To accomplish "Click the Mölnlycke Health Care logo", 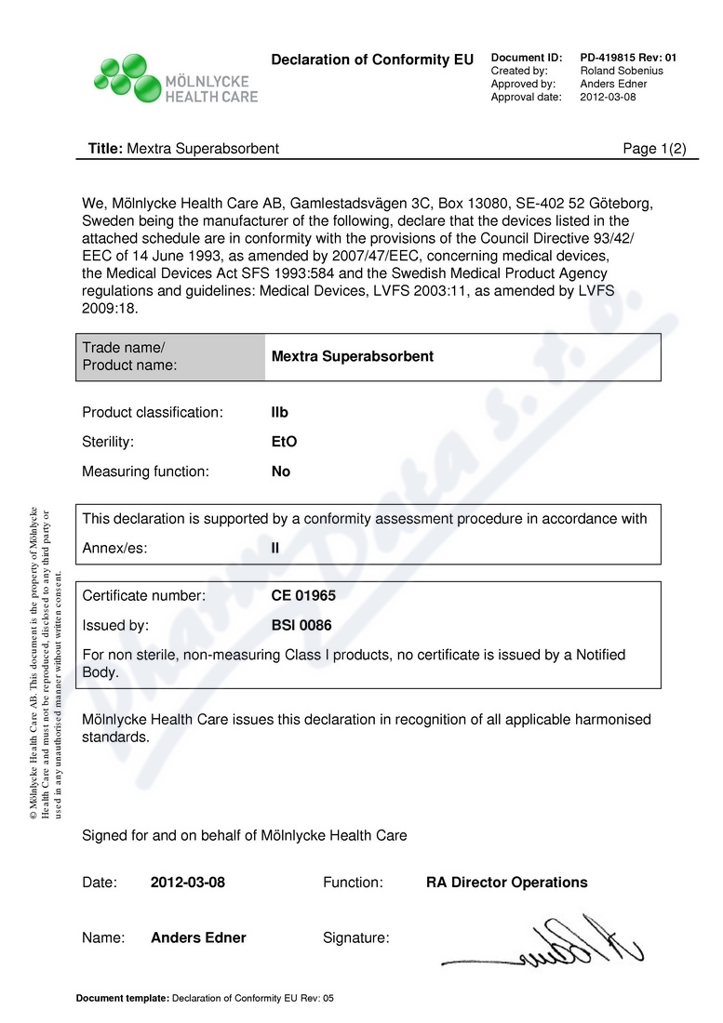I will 176,78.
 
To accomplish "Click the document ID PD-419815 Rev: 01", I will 628,58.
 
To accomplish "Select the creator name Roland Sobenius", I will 621,71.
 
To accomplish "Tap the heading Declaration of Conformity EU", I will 372,60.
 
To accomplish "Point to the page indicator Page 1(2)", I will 654,149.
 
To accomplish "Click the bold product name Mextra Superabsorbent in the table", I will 352,356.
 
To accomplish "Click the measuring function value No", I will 281,472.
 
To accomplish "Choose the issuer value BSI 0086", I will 301,626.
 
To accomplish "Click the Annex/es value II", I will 274,548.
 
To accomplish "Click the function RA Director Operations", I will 506,883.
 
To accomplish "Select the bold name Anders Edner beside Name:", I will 198,937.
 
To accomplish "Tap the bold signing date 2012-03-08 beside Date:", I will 188,883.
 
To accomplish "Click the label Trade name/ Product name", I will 129,356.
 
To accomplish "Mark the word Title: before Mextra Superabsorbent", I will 105,149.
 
